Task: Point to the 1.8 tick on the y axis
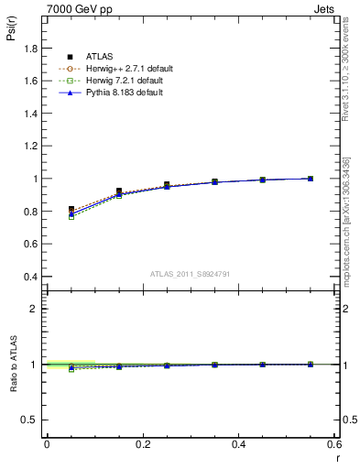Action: click(29, 48)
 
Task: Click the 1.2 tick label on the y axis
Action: click(29, 146)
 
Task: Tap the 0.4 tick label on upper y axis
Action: click(29, 277)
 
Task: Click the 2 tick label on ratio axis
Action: click(33, 309)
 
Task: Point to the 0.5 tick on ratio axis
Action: click(29, 420)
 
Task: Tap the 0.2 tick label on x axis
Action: click(143, 443)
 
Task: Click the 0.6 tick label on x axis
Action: click(334, 443)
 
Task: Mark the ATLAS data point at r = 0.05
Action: click(71, 210)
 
